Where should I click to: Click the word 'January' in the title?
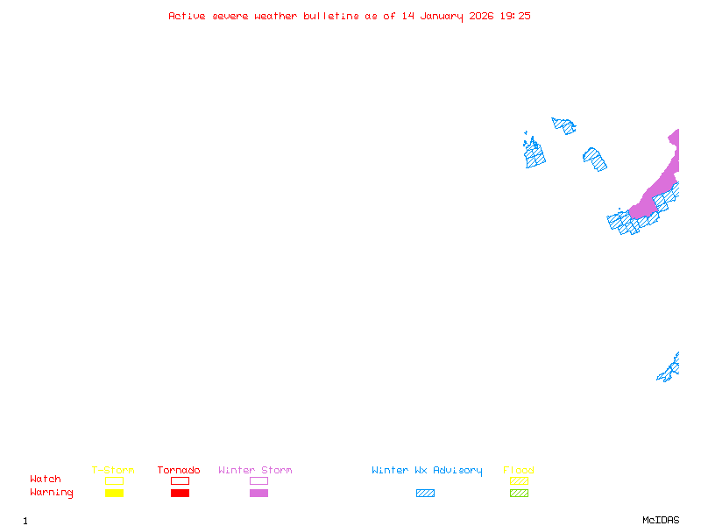442,17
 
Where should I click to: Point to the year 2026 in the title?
481,16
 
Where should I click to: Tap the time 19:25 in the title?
515,16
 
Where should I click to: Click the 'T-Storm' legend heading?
113,470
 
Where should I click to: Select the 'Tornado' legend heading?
179,470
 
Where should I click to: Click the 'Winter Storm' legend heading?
255,470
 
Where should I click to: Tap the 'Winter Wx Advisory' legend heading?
427,471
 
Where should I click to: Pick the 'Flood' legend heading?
519,470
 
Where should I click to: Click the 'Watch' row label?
46,479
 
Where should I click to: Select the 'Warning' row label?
52,493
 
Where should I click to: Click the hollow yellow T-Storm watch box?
115,480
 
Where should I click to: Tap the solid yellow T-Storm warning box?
115,494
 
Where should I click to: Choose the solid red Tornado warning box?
181,494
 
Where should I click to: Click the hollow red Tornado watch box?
181,480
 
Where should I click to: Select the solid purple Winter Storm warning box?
258,494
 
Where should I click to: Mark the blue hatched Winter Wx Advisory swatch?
425,494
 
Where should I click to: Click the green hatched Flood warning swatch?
519,494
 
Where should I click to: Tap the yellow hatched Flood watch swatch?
519,480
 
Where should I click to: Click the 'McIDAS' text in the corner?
661,520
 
